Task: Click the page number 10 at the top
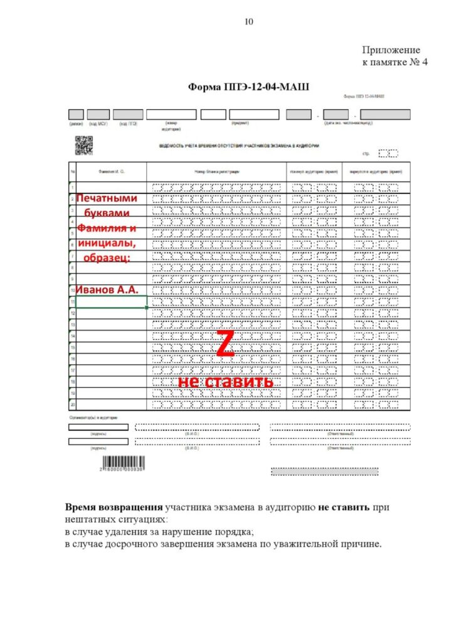point(249,22)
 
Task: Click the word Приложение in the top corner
point(391,50)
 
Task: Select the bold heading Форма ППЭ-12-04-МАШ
point(249,87)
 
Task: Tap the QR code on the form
point(83,145)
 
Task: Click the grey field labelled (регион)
point(76,114)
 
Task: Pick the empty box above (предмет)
point(254,114)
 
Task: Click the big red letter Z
point(225,345)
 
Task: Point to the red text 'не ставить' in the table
point(226,382)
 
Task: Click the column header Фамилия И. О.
point(112,171)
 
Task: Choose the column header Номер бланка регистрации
point(217,171)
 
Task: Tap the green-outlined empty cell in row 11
point(112,301)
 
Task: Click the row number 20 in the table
point(73,404)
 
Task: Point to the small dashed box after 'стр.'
point(388,153)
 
